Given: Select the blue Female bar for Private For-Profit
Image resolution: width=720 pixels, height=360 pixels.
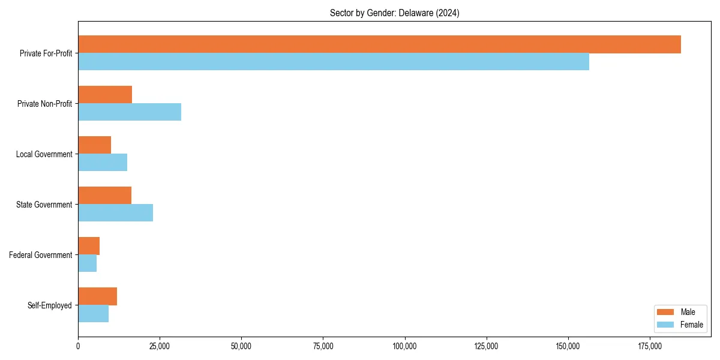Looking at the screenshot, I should [x=334, y=62].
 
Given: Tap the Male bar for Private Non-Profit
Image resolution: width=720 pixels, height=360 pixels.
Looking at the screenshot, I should [x=105, y=95].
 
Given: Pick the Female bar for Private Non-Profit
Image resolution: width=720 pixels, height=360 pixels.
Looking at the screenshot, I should [x=130, y=112].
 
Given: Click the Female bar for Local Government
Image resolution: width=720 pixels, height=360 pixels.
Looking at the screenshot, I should [x=103, y=163].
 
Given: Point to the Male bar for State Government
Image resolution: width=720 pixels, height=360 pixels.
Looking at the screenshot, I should [x=104, y=196].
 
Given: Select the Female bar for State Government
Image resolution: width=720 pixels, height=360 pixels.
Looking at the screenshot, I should [x=115, y=213].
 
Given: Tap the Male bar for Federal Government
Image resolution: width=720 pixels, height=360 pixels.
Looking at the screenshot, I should [x=89, y=246].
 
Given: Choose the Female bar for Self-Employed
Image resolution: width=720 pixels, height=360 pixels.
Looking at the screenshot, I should [x=93, y=314].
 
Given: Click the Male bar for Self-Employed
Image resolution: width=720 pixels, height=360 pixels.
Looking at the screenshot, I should [x=97, y=296].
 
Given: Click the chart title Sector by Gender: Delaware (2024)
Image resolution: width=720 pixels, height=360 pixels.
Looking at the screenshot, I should [x=394, y=13].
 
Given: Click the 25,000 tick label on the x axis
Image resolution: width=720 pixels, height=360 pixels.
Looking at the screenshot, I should [x=160, y=346].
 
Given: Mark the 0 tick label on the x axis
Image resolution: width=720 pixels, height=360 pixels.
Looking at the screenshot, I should [x=78, y=346].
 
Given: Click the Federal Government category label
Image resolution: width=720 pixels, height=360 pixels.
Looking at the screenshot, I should [x=41, y=255].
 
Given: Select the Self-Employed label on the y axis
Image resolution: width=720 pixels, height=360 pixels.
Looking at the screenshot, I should [x=50, y=305].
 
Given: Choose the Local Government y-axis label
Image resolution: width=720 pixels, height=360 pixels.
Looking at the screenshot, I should [x=44, y=154].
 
